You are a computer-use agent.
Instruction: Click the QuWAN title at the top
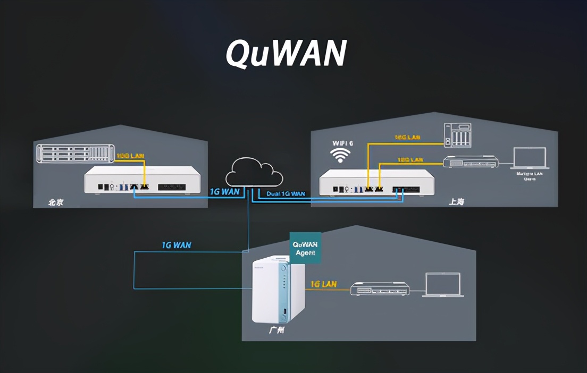coord(286,53)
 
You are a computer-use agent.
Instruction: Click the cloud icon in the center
coord(254,172)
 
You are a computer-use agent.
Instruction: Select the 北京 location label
coord(56,202)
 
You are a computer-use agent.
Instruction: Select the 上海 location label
coord(456,202)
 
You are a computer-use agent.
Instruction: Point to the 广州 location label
coord(276,330)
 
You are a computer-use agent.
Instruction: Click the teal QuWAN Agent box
coord(305,248)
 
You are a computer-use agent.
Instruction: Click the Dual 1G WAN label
coord(286,194)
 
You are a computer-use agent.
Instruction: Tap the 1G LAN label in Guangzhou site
coord(323,284)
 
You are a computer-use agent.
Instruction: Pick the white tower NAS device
coord(279,289)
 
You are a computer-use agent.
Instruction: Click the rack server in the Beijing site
coord(75,153)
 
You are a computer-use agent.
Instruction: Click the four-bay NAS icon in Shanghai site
coord(457,135)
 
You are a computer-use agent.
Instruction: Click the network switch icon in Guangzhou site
coord(380,290)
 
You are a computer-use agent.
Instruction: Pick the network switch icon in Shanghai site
coord(470,162)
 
